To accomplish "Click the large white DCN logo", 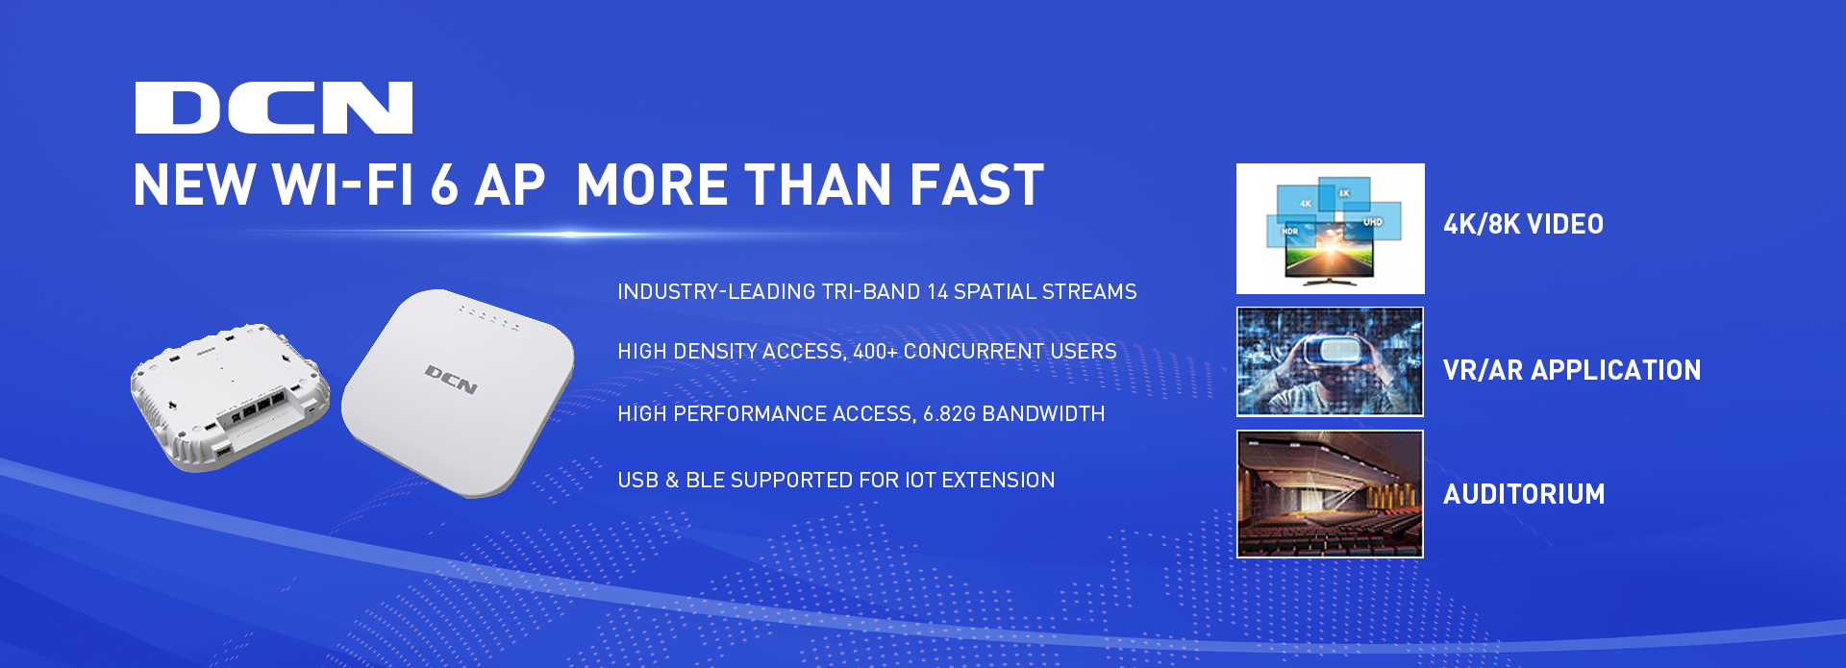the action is (274, 108).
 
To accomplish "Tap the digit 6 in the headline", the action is (444, 185).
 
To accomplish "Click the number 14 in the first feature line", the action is (937, 292).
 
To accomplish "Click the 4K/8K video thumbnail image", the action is (1331, 229).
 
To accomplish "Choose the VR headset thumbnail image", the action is (1330, 361).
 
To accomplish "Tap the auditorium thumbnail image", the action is (1330, 494).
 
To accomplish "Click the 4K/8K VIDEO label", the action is (1523, 225).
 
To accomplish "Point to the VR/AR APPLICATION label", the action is (1572, 370).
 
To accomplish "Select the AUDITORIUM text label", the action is (1524, 494).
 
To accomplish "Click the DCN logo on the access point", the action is (451, 380).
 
